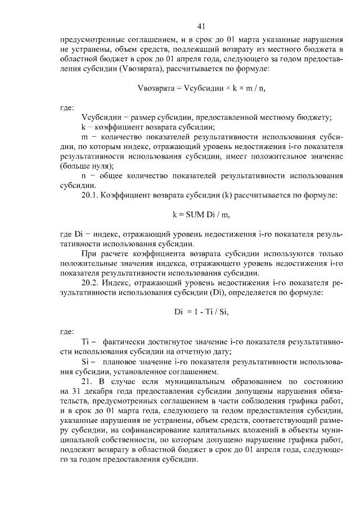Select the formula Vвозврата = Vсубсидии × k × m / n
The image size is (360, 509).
202,88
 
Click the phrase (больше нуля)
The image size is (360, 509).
86,166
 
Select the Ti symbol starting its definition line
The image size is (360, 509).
86,342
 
